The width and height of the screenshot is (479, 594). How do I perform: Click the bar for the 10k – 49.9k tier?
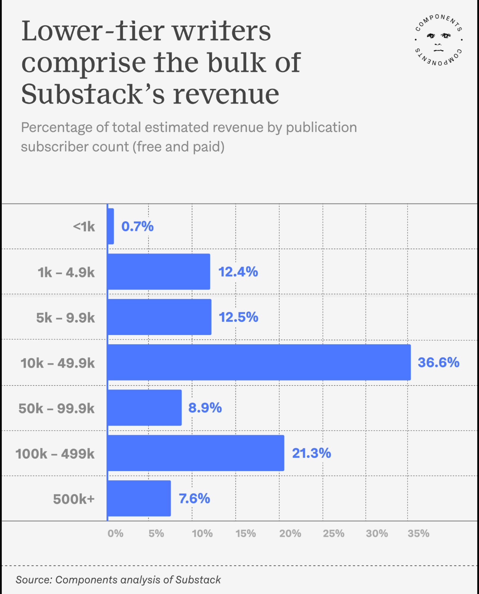(x=259, y=362)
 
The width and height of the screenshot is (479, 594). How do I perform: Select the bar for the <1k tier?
(x=111, y=226)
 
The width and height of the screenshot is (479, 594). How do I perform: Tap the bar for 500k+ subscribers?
(x=139, y=498)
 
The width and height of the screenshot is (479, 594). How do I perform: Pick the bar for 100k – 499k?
(x=195, y=453)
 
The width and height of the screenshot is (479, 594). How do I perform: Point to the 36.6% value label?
(x=438, y=362)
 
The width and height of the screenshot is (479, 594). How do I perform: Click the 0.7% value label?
(x=137, y=226)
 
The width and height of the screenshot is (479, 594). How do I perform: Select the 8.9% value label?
(x=205, y=407)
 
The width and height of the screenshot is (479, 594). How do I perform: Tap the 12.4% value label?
(x=238, y=272)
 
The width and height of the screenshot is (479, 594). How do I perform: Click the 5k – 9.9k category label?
(x=65, y=317)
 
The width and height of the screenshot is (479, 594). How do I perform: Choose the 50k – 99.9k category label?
(x=56, y=408)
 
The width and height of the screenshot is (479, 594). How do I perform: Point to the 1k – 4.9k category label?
(x=66, y=272)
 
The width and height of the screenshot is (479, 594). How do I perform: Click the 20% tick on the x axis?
(x=290, y=533)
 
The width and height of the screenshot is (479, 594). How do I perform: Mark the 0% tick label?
(x=115, y=533)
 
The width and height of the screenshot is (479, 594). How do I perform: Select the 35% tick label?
(x=418, y=533)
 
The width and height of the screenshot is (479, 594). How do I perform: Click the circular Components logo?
(x=439, y=40)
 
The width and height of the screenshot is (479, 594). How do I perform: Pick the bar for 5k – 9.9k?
(x=159, y=317)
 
